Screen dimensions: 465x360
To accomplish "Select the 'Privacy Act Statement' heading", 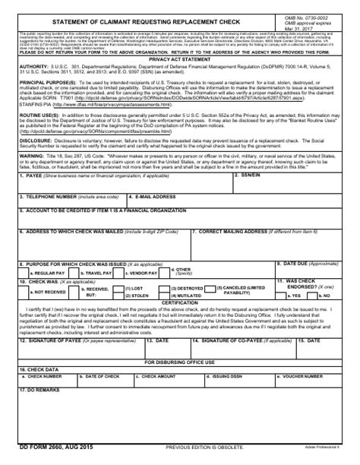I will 179,58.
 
